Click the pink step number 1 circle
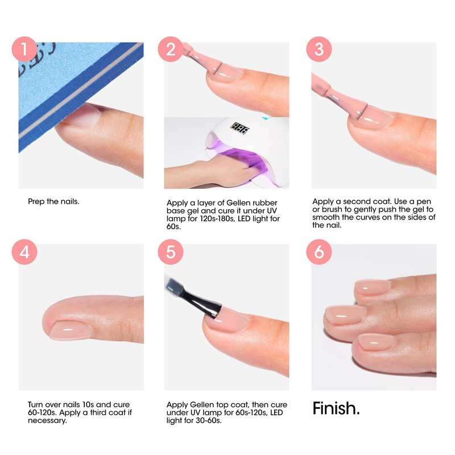point(24,49)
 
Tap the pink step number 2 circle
point(171,49)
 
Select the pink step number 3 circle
point(319,49)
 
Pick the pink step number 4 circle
point(24,252)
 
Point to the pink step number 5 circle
point(171,252)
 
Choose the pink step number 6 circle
point(319,252)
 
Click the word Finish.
point(336,408)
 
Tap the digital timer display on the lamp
point(240,128)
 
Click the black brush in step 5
point(200,301)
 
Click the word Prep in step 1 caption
point(36,202)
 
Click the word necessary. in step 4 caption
point(47,420)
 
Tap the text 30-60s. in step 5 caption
point(209,420)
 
